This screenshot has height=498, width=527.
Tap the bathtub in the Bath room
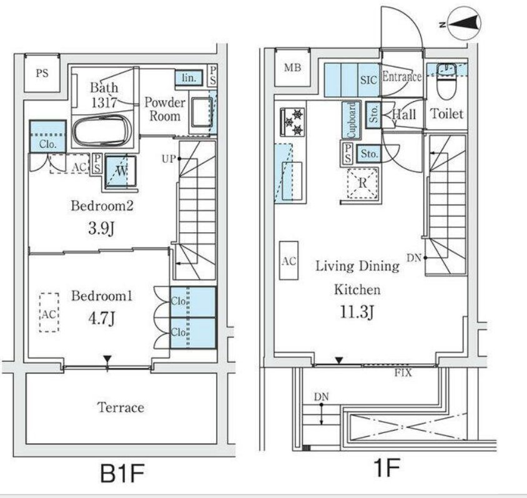point(102,131)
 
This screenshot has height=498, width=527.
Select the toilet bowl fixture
point(446,82)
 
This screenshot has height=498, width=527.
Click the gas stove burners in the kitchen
point(292,122)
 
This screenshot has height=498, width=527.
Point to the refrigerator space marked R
point(363,183)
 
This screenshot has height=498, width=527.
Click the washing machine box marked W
point(121,171)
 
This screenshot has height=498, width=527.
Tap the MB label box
point(292,68)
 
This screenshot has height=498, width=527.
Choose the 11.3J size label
point(357,312)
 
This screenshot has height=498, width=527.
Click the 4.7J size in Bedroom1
point(102,318)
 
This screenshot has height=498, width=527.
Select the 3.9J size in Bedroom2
point(102,228)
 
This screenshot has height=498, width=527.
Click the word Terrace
point(121,408)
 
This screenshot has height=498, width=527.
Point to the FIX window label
point(403,373)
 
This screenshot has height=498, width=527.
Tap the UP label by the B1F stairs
point(169,159)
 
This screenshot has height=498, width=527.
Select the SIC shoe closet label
point(368,80)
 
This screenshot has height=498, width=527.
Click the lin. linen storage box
point(189,77)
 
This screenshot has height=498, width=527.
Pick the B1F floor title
point(122,473)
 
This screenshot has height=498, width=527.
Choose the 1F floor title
point(387,467)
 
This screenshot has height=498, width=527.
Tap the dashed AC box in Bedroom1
point(49,313)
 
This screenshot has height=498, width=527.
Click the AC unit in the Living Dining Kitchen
point(289,261)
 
